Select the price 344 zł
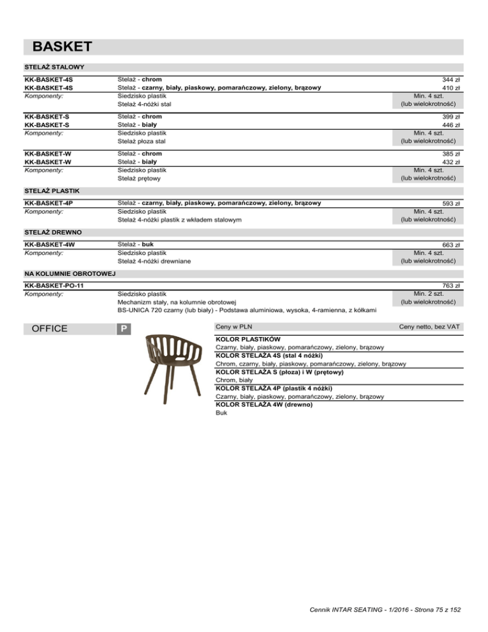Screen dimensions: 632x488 [x=452, y=79]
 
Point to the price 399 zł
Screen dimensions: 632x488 [x=452, y=117]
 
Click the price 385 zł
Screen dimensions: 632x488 [x=452, y=154]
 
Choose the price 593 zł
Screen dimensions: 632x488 [x=452, y=203]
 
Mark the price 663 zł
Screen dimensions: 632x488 [x=452, y=245]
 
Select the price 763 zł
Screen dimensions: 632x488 [x=452, y=286]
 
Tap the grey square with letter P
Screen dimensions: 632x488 [x=124, y=329]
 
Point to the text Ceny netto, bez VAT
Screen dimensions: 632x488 [x=430, y=327]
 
